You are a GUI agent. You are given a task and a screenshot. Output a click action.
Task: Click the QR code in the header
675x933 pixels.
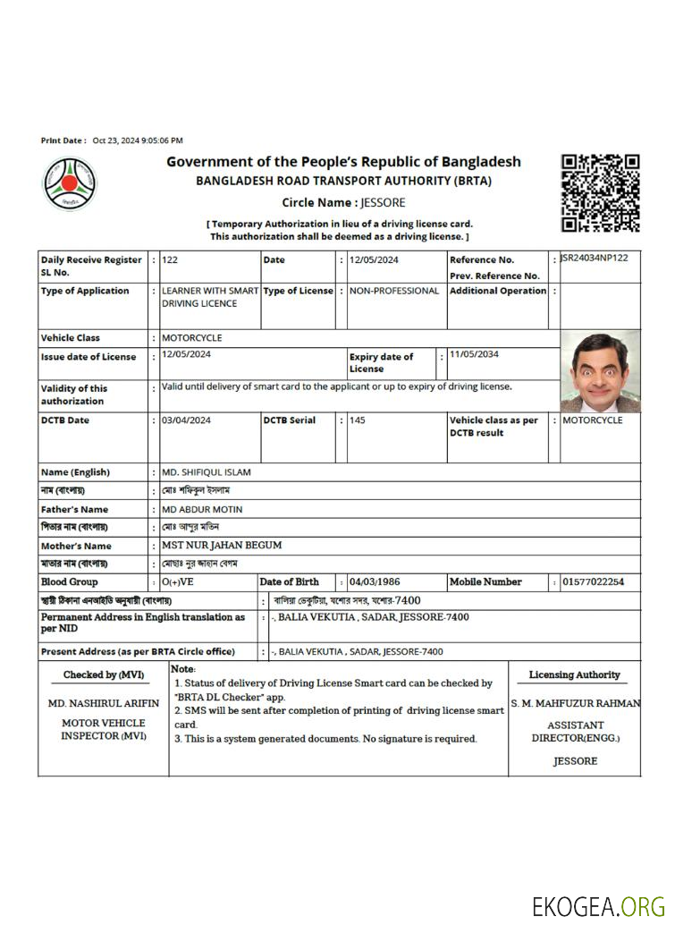[x=600, y=192]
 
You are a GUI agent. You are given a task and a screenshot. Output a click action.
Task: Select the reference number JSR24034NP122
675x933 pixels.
[x=594, y=259]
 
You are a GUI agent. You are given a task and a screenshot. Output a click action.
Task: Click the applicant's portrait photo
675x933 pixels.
[x=600, y=370]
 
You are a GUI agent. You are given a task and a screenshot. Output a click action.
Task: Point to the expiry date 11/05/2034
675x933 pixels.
[x=475, y=354]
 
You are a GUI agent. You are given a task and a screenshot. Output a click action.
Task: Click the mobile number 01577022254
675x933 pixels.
[x=594, y=582]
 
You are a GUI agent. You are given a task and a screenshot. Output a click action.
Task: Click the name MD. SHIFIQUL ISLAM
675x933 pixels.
[x=207, y=472]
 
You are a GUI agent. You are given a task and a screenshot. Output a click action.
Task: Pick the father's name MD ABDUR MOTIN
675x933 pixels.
[x=202, y=509]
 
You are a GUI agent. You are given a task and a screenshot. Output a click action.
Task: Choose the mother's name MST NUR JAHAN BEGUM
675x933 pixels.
[x=222, y=546]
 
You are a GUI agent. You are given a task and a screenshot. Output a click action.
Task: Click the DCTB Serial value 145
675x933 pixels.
[x=358, y=420]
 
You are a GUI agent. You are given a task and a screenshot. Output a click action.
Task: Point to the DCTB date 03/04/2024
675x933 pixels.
[x=187, y=420]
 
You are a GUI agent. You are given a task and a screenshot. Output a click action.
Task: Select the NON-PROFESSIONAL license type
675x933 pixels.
[x=394, y=291]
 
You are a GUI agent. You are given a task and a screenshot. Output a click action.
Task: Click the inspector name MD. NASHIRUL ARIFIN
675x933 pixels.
[x=104, y=704]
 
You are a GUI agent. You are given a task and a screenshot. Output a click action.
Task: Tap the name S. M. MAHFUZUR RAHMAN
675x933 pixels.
[x=576, y=704]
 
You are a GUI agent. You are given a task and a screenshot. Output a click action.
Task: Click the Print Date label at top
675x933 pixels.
[x=63, y=140]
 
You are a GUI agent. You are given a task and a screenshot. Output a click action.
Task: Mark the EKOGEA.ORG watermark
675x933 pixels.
[x=598, y=906]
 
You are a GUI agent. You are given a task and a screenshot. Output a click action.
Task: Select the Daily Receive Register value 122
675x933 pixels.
[x=170, y=260]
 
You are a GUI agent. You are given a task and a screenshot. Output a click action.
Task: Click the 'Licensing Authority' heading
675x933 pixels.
[x=574, y=675]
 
